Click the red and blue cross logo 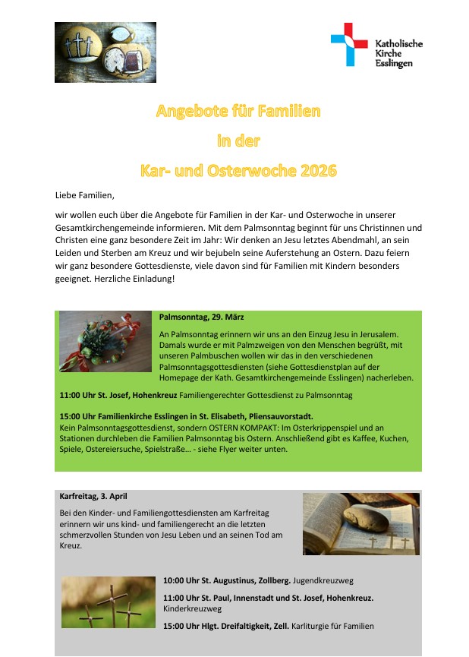coord(349,45)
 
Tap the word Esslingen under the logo coord(395,64)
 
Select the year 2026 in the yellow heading coord(317,170)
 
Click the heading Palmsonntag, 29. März coord(201,317)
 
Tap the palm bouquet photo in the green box coord(105,342)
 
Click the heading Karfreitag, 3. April coord(93,497)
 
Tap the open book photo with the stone coord(360,523)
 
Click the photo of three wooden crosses coord(108,602)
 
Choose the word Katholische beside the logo coord(399,44)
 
